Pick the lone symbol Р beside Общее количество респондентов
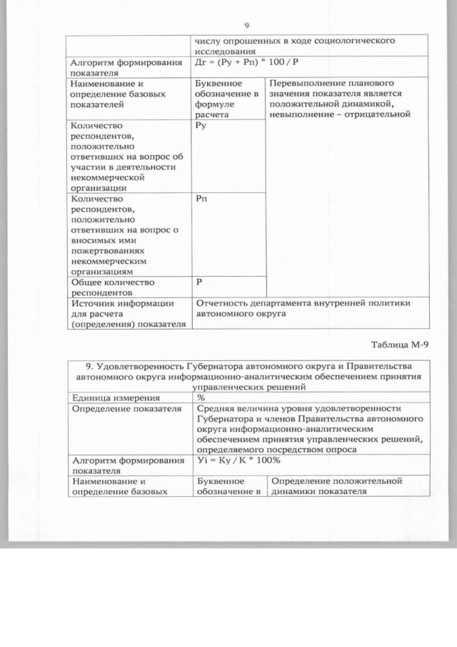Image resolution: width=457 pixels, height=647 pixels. (x=199, y=282)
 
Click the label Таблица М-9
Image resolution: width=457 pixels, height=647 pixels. (x=401, y=345)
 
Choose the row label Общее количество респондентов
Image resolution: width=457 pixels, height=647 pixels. (x=112, y=287)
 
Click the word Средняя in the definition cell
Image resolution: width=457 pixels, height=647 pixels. (x=216, y=408)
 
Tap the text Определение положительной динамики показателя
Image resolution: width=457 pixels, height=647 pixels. (x=336, y=486)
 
